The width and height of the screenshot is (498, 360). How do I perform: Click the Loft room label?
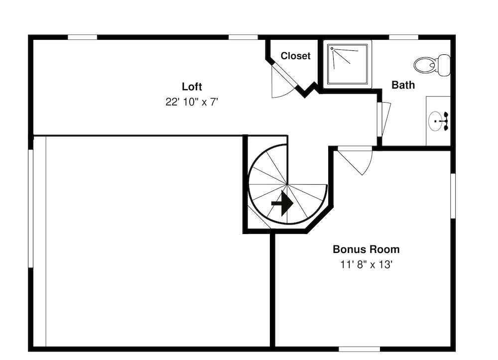(x=192, y=86)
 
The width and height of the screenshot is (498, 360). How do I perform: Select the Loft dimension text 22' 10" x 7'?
(x=192, y=102)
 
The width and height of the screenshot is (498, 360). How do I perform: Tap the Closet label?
(x=295, y=56)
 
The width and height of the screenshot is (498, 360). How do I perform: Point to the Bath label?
(x=403, y=85)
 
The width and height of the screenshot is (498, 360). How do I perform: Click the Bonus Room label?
(x=366, y=249)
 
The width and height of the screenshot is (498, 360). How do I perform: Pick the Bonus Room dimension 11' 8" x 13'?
(x=366, y=264)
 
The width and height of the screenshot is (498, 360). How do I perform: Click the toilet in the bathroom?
(x=432, y=65)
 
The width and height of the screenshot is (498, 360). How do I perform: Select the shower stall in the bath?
(x=348, y=64)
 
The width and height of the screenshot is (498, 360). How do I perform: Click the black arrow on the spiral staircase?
(x=282, y=203)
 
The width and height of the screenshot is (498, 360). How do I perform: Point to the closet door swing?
(x=284, y=81)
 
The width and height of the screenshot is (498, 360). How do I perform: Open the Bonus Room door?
(x=355, y=161)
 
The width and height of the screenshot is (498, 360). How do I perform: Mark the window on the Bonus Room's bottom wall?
(x=359, y=349)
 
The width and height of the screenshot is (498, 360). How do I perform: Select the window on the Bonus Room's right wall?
(x=453, y=196)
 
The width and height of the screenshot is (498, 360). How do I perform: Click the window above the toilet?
(x=404, y=37)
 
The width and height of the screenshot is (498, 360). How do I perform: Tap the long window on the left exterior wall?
(x=31, y=208)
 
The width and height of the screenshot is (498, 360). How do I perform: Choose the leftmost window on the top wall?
(x=82, y=37)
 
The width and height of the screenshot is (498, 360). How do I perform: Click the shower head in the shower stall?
(x=332, y=49)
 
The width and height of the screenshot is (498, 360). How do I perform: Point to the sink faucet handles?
(x=446, y=121)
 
